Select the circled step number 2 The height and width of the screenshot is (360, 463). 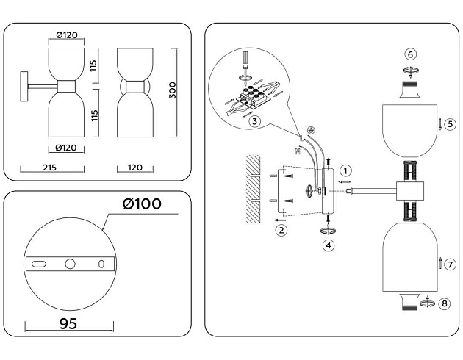pyautogui.click(x=280, y=230)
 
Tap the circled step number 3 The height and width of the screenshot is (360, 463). pyautogui.click(x=254, y=121)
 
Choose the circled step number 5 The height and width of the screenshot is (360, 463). pyautogui.click(x=450, y=124)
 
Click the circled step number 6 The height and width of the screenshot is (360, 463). pyautogui.click(x=411, y=54)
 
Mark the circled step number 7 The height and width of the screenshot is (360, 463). pyautogui.click(x=450, y=264)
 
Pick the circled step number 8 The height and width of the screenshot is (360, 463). pyautogui.click(x=443, y=303)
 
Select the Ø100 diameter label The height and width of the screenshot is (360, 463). pyautogui.click(x=143, y=204)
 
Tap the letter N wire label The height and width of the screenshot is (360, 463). pyautogui.click(x=297, y=151)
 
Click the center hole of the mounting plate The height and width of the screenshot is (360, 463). pyautogui.click(x=70, y=263)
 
